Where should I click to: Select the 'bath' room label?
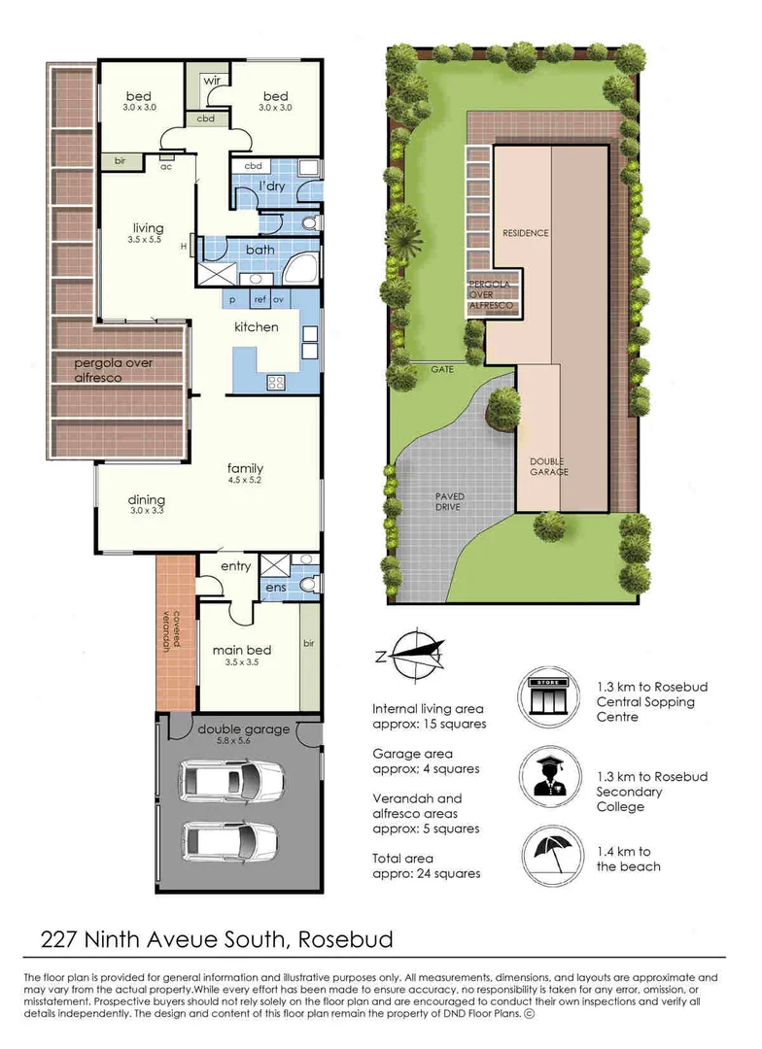(260, 250)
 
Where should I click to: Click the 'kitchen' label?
(256, 327)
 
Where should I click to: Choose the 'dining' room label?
(147, 501)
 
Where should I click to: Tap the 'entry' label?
(235, 566)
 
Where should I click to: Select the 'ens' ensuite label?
(275, 587)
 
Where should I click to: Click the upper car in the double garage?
(233, 778)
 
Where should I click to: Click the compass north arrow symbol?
(413, 655)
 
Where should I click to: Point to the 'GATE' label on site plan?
(444, 370)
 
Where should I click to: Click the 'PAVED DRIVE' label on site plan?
(449, 502)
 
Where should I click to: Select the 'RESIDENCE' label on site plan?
(525, 233)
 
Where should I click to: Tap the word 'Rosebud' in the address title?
(347, 939)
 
